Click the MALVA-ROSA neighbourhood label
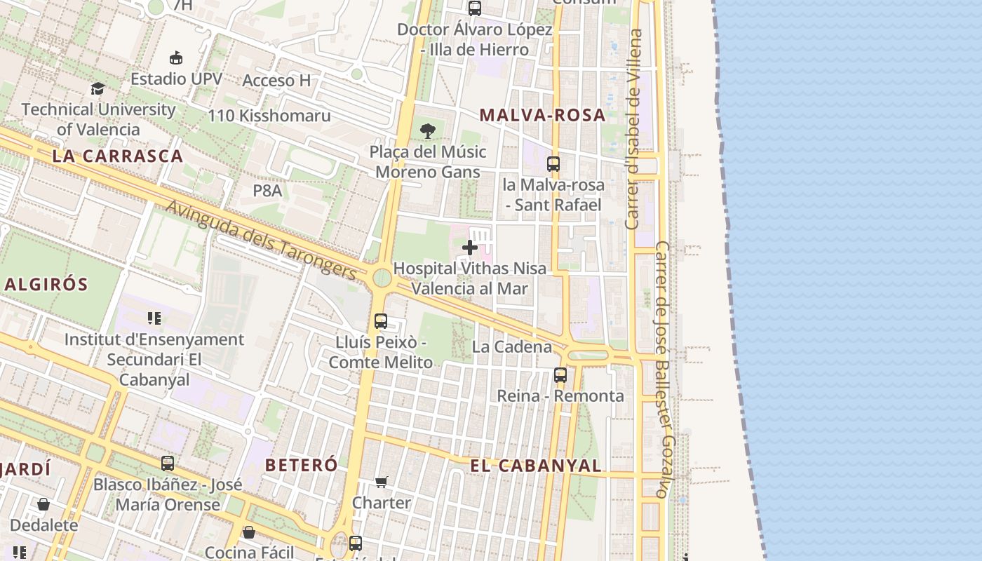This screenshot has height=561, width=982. click(542, 115)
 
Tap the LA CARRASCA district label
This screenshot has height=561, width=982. click(117, 156)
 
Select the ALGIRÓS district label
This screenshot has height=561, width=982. click(46, 284)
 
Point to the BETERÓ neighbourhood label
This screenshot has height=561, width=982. click(301, 464)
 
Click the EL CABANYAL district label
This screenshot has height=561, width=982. click(535, 466)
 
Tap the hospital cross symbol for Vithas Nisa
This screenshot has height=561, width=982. click(470, 247)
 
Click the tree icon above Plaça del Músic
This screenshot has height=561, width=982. click(427, 130)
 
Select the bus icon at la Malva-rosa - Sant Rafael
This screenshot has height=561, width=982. click(553, 164)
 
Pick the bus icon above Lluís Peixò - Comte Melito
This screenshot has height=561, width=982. click(381, 321)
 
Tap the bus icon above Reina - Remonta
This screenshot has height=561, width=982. click(560, 374)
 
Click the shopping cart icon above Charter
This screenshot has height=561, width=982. click(381, 482)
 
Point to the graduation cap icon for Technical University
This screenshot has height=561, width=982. click(97, 88)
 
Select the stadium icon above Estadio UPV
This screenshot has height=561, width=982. click(176, 58)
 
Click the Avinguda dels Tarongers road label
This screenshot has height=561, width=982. click(261, 239)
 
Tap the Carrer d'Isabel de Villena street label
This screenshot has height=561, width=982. click(633, 129)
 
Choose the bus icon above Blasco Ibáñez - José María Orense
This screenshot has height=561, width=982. click(167, 463)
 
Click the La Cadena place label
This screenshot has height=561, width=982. click(511, 346)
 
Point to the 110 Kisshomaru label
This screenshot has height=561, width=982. click(269, 115)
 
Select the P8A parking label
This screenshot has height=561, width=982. click(267, 190)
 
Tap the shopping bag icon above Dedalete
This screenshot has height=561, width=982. click(43, 504)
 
